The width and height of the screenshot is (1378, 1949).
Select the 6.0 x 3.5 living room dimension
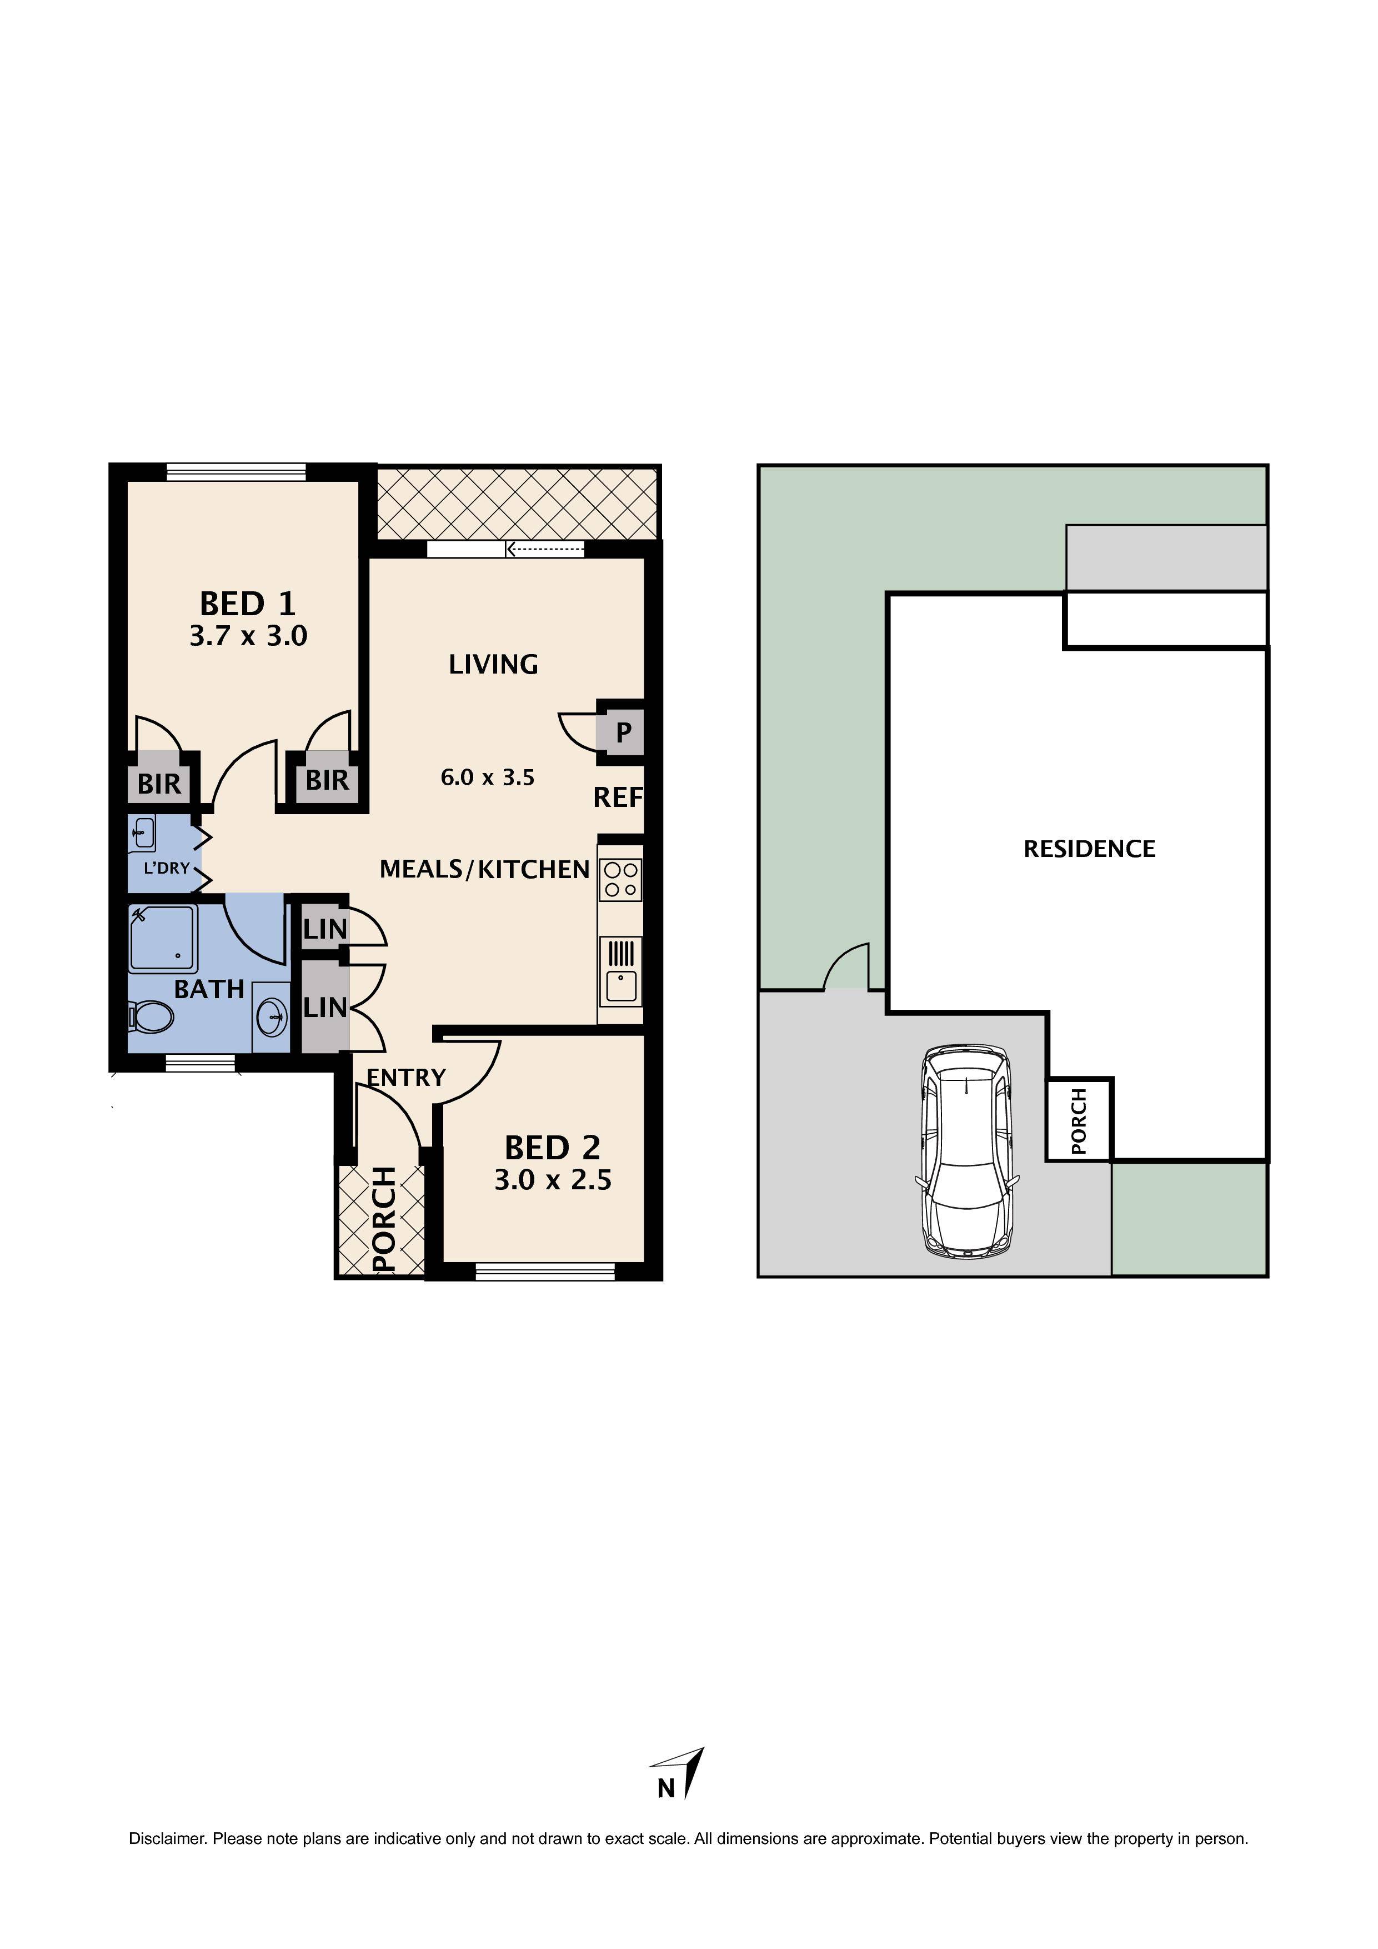(x=487, y=777)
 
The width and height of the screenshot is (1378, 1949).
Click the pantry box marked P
(x=623, y=732)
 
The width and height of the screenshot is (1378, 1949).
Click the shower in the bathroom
(x=163, y=939)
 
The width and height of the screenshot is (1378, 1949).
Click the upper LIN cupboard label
(x=325, y=930)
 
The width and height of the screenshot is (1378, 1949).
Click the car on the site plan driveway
(x=966, y=1153)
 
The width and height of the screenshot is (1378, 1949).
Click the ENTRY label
(x=405, y=1078)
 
